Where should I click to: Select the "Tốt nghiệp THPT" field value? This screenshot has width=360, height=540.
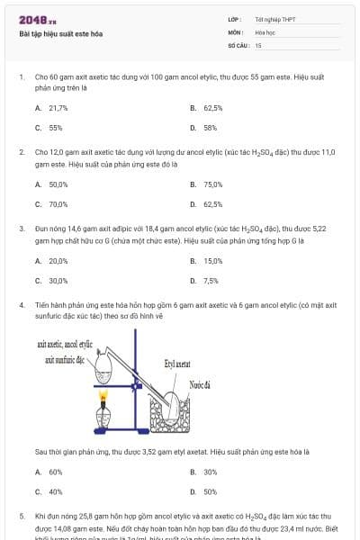point(270,19)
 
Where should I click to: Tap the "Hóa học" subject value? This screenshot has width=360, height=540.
point(263,31)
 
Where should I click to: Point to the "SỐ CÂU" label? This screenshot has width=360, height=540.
point(238,44)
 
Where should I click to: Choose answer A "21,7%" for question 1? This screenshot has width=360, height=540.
point(57,107)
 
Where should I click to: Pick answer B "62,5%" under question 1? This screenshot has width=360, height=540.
point(212,107)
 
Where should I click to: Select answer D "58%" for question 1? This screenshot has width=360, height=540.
point(210,128)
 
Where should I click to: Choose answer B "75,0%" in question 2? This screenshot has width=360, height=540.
point(212,184)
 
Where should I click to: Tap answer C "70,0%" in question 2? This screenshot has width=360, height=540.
point(58,204)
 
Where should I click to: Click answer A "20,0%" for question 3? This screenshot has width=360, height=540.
point(58,261)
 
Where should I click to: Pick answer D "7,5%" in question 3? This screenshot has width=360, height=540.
point(211,281)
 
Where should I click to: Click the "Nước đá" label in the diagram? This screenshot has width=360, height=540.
point(199,384)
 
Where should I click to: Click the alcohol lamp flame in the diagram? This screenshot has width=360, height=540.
point(103,396)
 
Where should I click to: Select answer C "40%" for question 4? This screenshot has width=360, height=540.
point(55,491)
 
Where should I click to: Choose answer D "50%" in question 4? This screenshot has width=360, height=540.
point(210,491)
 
